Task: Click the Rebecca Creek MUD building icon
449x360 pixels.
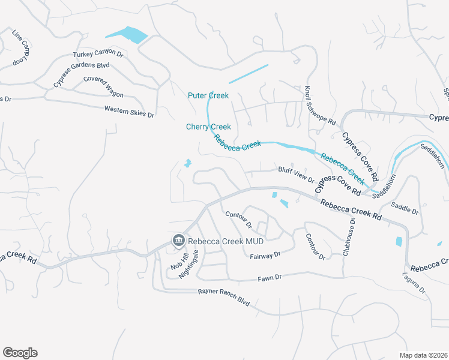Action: click(178, 241)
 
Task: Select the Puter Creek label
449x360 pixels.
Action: click(208, 95)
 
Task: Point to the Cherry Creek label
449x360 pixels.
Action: click(208, 127)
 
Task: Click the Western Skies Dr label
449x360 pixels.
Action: click(129, 111)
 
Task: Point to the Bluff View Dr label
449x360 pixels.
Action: click(296, 173)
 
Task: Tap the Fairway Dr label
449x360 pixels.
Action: click(265, 255)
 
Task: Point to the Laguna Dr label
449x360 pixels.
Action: click(414, 283)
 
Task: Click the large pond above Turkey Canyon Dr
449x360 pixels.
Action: click(126, 35)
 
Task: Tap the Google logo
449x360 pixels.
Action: click(20, 353)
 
